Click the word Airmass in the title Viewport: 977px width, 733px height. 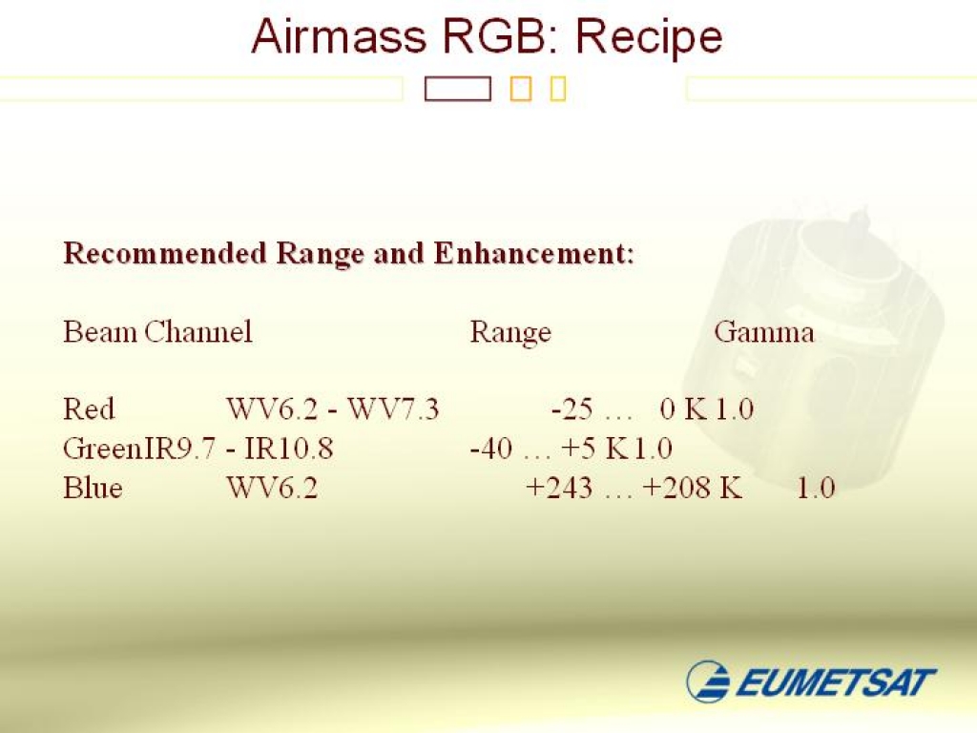click(339, 36)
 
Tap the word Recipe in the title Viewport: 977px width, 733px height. click(649, 38)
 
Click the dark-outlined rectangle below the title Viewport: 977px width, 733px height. click(457, 89)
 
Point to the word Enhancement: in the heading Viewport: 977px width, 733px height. click(534, 253)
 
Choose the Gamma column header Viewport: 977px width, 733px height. click(764, 331)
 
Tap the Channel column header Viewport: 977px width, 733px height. click(198, 331)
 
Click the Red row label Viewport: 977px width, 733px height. click(89, 409)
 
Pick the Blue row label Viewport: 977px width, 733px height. click(93, 488)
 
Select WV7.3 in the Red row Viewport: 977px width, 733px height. click(392, 409)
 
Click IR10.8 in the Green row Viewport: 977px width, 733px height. click(288, 449)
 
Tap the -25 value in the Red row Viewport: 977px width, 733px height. click(572, 409)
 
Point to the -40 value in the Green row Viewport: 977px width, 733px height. click(491, 449)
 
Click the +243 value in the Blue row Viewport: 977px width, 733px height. click(559, 488)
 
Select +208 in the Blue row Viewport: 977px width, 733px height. click(676, 488)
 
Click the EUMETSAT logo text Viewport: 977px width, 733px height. click(836, 681)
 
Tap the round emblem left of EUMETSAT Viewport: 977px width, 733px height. click(708, 681)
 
